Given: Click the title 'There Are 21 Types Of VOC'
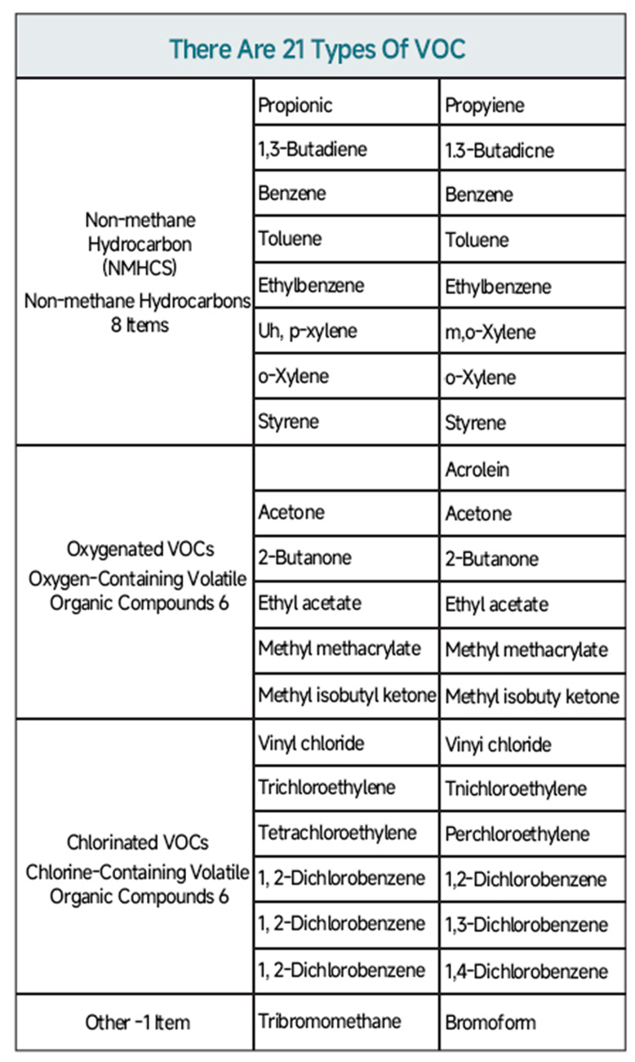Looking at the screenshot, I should click(x=317, y=48).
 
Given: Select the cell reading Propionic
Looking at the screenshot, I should click(x=295, y=105).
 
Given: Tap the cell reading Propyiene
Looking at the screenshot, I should click(x=485, y=105).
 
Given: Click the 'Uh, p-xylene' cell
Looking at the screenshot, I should click(x=308, y=332).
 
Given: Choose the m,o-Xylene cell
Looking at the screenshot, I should click(x=491, y=332).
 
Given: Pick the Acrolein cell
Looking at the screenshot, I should click(x=477, y=470).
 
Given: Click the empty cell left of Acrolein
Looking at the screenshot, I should click(x=346, y=468).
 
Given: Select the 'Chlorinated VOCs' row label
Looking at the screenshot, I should click(x=136, y=841).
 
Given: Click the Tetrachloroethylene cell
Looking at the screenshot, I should click(x=338, y=832).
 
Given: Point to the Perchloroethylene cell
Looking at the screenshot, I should click(x=517, y=834).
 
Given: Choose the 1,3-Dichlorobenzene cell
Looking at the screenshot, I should click(x=526, y=925).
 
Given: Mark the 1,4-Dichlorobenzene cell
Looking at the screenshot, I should click(x=526, y=971).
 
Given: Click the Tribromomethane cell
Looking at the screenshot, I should click(x=330, y=1021).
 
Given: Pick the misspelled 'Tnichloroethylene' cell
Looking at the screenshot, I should click(x=516, y=789).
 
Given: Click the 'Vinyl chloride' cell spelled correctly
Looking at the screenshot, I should click(x=311, y=743).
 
